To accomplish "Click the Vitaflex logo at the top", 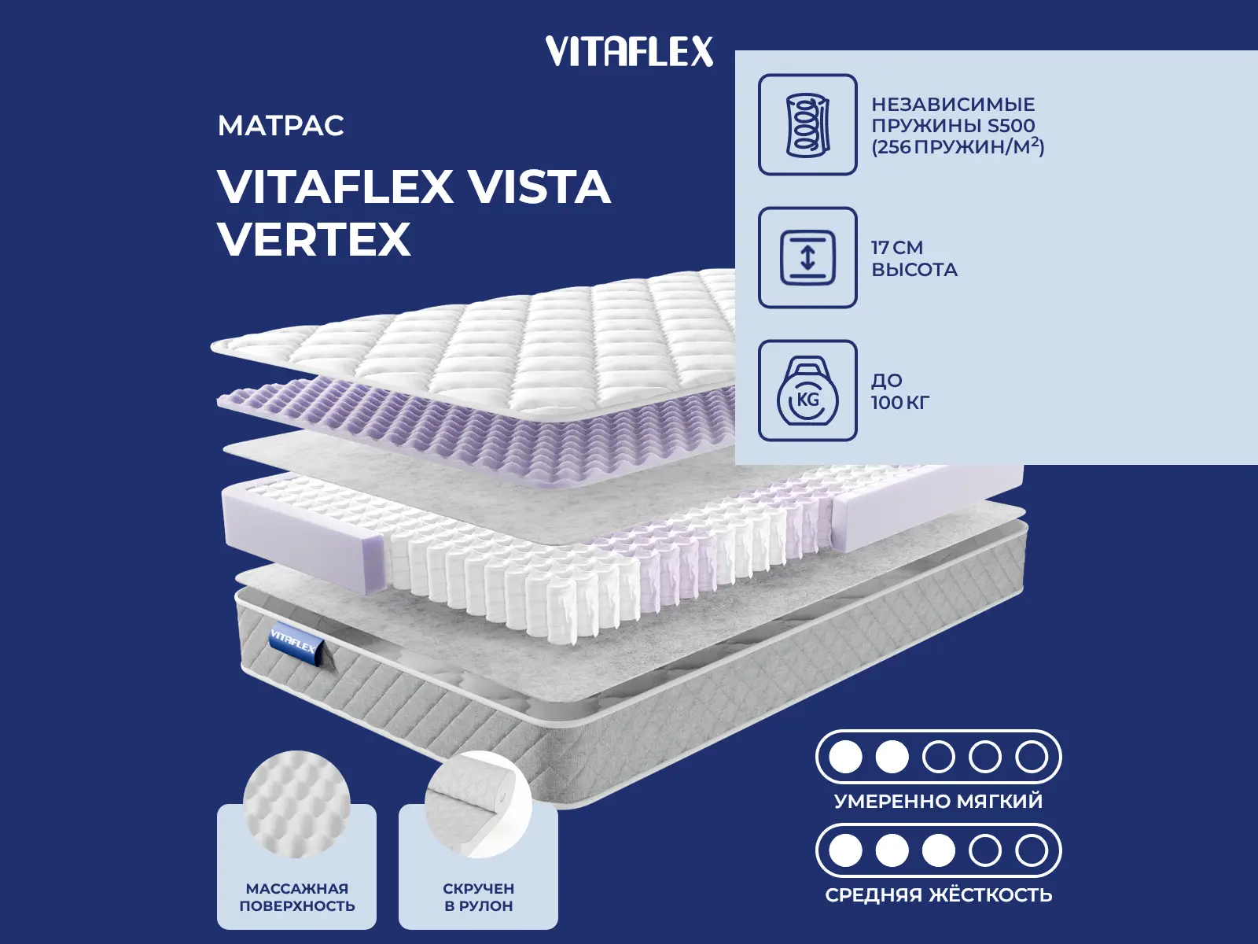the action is (x=629, y=51).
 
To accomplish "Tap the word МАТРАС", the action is (x=281, y=126).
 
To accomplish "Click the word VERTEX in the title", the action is (x=314, y=239).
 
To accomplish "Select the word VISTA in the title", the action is (x=540, y=186).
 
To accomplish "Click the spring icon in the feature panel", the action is (x=807, y=124).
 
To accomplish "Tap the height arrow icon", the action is (x=807, y=257).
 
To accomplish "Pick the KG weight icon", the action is (x=807, y=390).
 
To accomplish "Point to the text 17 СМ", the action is (x=898, y=248).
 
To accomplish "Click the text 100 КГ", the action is (x=900, y=402).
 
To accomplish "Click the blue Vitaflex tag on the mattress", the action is (x=296, y=644).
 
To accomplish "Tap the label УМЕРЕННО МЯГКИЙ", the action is (x=938, y=801).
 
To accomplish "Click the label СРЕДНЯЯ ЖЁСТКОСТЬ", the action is (x=938, y=894).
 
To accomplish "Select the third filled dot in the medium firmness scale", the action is (x=938, y=850).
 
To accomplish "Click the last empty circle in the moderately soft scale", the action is (x=1032, y=757).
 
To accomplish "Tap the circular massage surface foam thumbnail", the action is (x=297, y=803).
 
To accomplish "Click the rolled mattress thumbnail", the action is (x=479, y=803).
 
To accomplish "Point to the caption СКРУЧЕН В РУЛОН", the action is (x=479, y=897).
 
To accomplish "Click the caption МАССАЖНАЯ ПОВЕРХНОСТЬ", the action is (x=297, y=897).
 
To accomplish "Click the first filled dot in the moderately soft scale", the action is (x=845, y=757).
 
